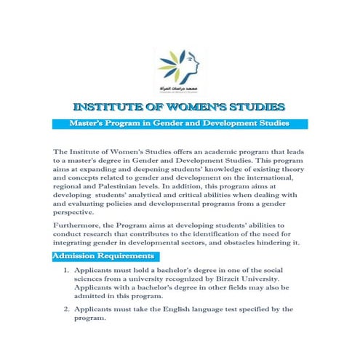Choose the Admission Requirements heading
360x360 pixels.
[103, 257]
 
